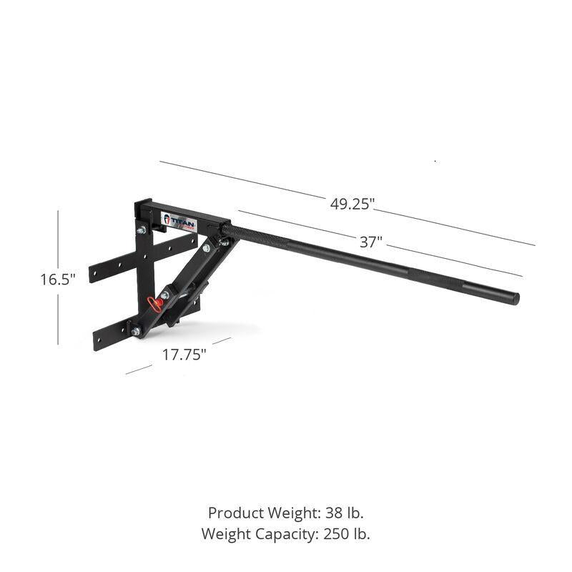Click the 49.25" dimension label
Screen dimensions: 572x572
pos(352,204)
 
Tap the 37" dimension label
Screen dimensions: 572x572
pos(370,242)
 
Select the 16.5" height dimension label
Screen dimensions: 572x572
pos(58,280)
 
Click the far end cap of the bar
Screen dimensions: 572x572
pos(515,298)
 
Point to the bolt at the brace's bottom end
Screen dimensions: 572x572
pos(136,331)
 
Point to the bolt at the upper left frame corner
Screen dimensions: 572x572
pos(141,230)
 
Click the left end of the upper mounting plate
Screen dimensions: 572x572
pos(94,275)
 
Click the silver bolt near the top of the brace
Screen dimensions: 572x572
pos(206,248)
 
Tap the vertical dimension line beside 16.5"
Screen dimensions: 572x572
pos(58,243)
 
